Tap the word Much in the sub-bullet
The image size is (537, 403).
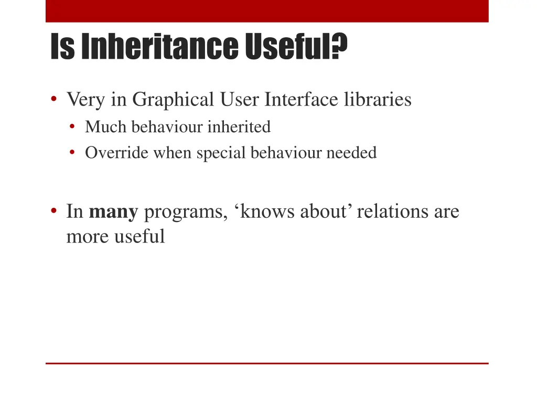click(x=106, y=127)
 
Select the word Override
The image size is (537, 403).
click(x=117, y=153)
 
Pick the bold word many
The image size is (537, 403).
click(x=114, y=212)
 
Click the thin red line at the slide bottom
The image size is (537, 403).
click(x=267, y=363)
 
